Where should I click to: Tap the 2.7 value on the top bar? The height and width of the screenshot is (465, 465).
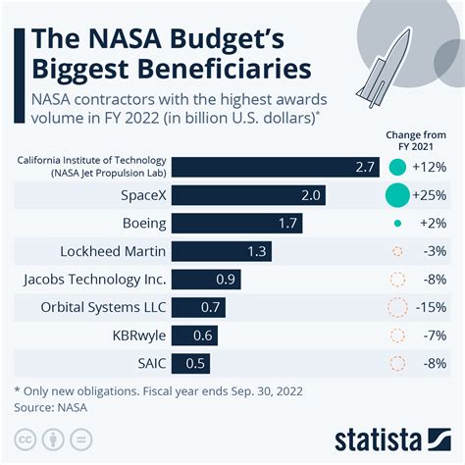click(x=366, y=167)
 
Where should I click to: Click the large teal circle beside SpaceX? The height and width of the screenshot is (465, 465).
click(x=397, y=195)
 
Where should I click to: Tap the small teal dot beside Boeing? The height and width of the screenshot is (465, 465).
click(x=397, y=224)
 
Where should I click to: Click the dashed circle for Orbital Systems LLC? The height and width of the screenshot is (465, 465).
click(x=397, y=308)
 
